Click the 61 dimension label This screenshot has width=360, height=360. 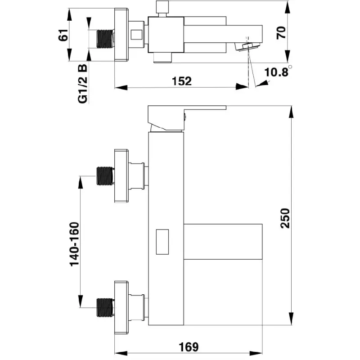click(x=63, y=35)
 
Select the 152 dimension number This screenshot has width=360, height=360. click(x=182, y=81)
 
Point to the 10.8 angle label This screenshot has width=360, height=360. click(x=276, y=72)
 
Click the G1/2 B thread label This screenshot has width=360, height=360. click(x=83, y=84)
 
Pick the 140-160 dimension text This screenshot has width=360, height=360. click(x=74, y=244)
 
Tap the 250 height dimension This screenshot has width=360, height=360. click(x=285, y=218)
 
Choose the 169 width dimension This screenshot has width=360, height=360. click(x=189, y=347)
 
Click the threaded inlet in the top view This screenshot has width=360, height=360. click(x=105, y=39)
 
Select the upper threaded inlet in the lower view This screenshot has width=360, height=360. click(x=105, y=176)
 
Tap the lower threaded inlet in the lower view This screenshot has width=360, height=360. click(x=105, y=308)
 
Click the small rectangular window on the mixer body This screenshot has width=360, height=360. click(x=162, y=242)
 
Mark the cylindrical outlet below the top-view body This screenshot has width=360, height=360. click(x=162, y=58)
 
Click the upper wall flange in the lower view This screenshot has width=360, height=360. click(x=121, y=176)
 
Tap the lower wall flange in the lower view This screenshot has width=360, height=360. click(x=121, y=308)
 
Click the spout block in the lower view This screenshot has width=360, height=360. click(x=223, y=242)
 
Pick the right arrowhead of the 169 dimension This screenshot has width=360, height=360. click(x=256, y=353)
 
